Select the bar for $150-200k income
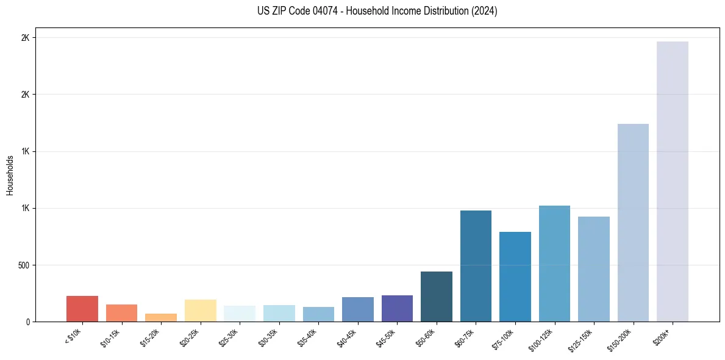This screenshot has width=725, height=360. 633,223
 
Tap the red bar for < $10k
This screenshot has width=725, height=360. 82,309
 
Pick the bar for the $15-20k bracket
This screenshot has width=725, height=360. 161,317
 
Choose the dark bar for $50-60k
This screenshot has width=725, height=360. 437,297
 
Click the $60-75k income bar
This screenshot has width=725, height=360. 476,266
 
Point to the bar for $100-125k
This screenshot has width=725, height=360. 554,264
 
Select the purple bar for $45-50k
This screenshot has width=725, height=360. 397,308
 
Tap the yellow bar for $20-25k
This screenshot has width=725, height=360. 201,311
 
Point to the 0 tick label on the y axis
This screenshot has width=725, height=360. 27,322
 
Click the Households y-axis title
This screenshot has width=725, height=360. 10,175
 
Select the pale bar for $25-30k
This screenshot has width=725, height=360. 240,314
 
